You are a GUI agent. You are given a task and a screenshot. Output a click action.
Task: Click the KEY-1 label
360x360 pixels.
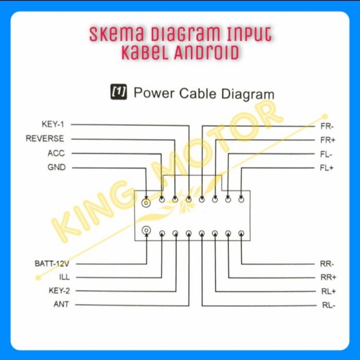(53, 124)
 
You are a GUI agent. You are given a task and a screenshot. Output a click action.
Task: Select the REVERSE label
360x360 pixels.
(45, 138)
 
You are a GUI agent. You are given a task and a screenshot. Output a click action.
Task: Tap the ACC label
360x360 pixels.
(56, 153)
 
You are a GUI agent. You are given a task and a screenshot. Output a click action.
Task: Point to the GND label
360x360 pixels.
(56, 167)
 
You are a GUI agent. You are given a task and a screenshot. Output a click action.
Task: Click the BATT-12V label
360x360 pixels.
(52, 263)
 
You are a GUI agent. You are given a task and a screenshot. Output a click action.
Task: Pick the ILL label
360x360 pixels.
(64, 277)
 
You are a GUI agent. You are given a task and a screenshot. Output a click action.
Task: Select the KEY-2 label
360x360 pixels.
(58, 291)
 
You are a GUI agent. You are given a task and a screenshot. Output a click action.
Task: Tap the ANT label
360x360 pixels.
(61, 305)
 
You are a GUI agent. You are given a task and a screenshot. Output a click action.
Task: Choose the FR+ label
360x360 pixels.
(328, 140)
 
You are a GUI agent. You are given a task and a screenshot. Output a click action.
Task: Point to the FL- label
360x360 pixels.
(327, 154)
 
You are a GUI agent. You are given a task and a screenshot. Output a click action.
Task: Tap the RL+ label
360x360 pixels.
(328, 292)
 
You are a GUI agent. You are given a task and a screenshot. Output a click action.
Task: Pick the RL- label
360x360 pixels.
(328, 306)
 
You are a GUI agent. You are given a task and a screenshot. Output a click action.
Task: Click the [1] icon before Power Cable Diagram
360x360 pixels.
(118, 92)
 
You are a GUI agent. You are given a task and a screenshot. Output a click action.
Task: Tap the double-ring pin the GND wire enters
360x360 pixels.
(146, 202)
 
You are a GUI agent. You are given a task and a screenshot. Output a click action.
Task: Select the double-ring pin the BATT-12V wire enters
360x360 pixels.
(146, 231)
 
